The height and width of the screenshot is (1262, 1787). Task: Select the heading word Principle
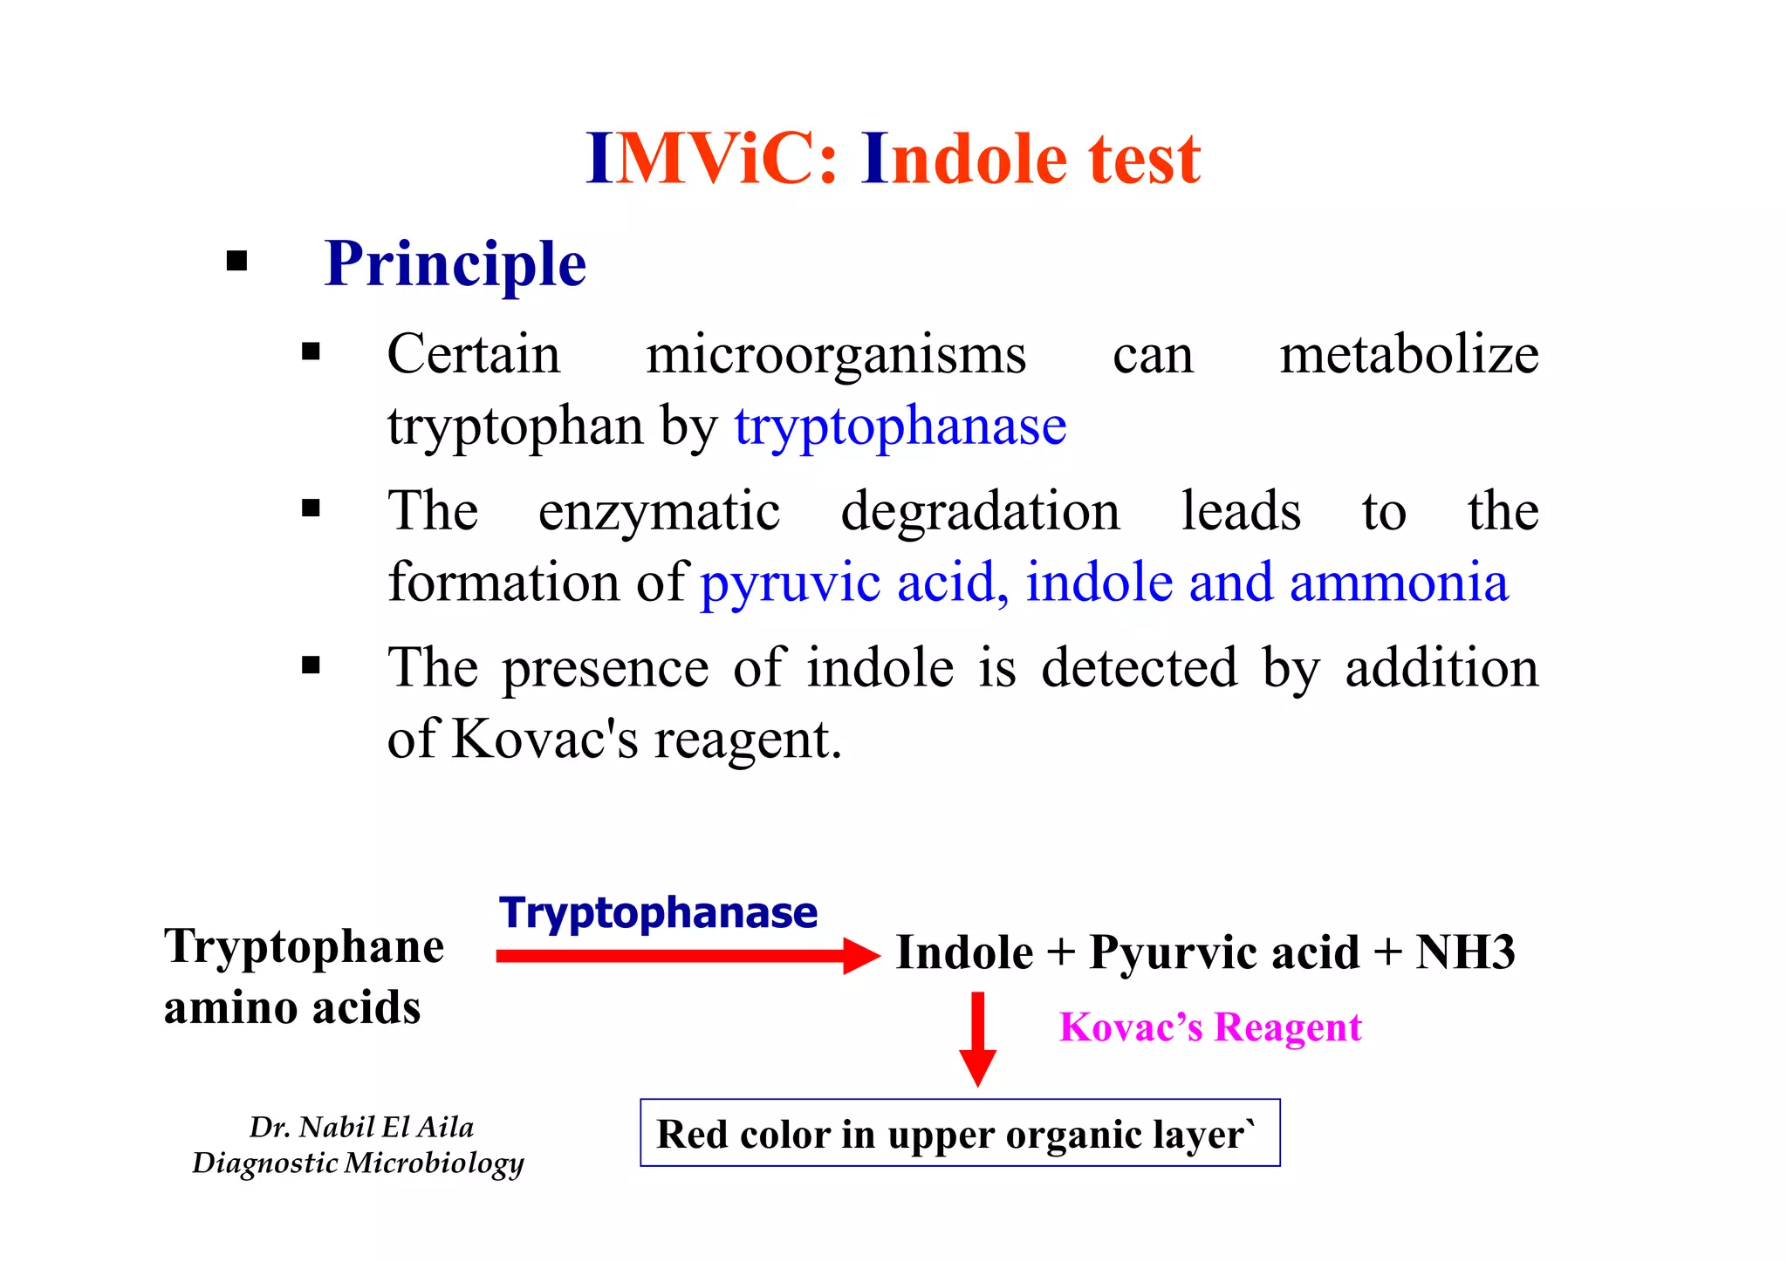point(455,264)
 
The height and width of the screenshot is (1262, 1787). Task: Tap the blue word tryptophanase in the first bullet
point(900,426)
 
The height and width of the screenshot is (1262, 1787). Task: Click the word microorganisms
point(835,355)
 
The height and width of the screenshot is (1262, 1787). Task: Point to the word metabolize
point(1408,355)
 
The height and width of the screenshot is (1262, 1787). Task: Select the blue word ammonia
point(1399,583)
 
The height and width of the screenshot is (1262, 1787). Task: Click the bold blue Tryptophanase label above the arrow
point(659,913)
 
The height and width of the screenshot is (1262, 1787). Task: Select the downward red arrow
point(977,1038)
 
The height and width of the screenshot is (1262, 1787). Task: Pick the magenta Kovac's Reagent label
point(1210,1027)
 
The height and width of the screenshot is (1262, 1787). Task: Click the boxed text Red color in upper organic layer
point(959,1134)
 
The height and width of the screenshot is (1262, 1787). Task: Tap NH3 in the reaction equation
point(1465,952)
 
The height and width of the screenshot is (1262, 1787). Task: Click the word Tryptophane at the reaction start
point(304,947)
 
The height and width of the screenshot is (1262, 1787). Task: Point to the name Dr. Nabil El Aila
point(361,1127)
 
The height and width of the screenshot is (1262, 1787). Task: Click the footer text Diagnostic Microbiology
point(358,1163)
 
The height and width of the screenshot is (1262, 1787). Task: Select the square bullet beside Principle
point(236,261)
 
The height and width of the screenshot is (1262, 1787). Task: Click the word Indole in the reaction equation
point(964,952)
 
